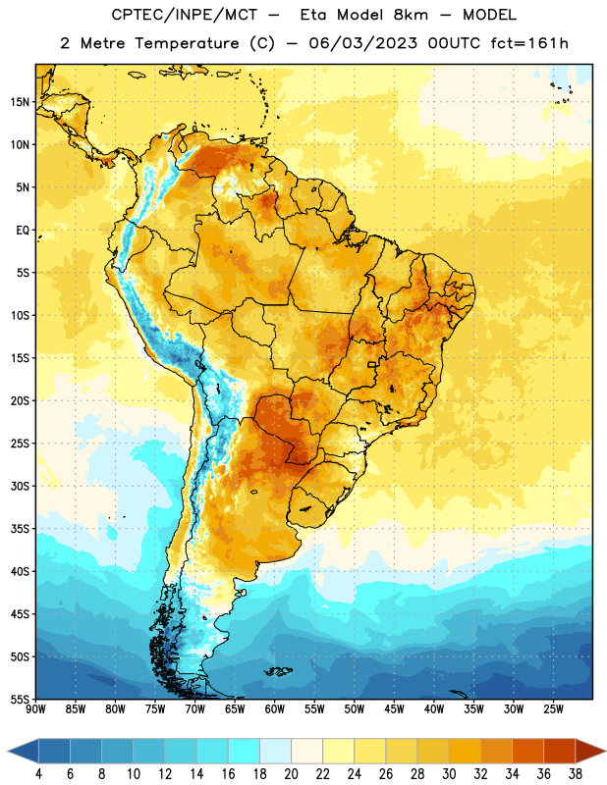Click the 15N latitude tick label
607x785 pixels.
(20, 102)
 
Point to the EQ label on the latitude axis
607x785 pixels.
(23, 231)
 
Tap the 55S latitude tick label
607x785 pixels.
(20, 699)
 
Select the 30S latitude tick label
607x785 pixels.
(20, 486)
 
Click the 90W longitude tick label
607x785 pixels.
(35, 709)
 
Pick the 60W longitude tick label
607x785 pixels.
(275, 709)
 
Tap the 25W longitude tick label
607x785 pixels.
(553, 709)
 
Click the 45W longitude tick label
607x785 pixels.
(394, 709)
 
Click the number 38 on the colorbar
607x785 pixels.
(576, 774)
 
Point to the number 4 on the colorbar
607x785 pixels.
(38, 774)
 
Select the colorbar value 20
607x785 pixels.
(291, 774)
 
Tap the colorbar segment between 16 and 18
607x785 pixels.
(244, 752)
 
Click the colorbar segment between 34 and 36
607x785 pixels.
(527, 752)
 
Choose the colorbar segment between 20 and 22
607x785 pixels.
(306, 752)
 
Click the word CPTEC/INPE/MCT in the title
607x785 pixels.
(185, 15)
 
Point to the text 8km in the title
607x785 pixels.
(411, 15)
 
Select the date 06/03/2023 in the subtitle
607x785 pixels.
(362, 43)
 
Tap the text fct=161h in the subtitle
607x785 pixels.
(529, 43)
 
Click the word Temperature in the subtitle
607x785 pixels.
(187, 44)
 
